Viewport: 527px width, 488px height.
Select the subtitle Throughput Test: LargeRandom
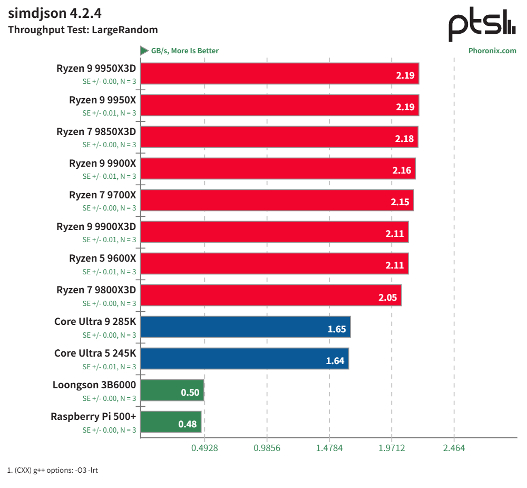(x=83, y=30)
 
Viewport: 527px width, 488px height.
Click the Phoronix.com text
(x=492, y=51)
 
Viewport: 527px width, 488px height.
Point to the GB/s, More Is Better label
(x=184, y=51)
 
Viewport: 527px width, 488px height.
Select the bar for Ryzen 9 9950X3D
(x=280, y=73)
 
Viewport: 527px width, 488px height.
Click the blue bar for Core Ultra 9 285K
(x=246, y=327)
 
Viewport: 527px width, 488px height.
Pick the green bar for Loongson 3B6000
(x=172, y=390)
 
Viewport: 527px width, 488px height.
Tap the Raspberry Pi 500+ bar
(x=171, y=422)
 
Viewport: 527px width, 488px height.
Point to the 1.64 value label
(x=336, y=361)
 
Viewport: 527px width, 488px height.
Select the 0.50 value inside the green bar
(x=190, y=393)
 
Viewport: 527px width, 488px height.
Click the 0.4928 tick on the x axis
(x=204, y=448)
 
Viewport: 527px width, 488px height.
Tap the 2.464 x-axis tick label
(x=454, y=448)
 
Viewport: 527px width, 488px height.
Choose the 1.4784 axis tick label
(x=329, y=448)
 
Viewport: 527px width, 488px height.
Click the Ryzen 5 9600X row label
(x=102, y=259)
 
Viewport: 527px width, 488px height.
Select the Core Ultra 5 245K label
(x=95, y=353)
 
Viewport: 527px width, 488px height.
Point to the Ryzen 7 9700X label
(x=102, y=195)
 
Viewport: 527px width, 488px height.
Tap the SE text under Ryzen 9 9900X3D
(x=109, y=240)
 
